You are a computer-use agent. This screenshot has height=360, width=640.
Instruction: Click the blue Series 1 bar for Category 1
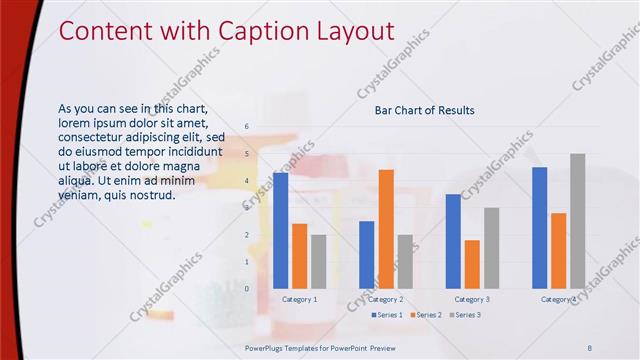(x=280, y=230)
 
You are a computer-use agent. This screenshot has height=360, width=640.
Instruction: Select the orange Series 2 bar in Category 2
(x=386, y=229)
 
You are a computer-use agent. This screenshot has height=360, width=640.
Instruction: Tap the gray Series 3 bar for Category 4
(x=577, y=221)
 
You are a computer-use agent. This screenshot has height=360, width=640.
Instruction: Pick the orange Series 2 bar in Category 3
(x=472, y=264)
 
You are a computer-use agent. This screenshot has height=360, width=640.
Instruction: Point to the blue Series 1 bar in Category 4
(x=540, y=227)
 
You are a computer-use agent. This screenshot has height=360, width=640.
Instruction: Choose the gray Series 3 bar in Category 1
(x=318, y=261)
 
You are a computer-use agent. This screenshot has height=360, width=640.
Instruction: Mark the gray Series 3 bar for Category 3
(x=491, y=248)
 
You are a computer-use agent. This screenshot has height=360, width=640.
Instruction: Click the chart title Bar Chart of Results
(x=424, y=110)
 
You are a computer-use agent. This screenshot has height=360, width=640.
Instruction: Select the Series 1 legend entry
(x=386, y=315)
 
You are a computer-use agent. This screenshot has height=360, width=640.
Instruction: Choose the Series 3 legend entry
(x=465, y=315)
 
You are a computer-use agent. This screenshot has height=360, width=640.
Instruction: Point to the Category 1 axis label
(x=300, y=299)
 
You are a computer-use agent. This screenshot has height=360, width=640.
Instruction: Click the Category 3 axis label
(x=472, y=299)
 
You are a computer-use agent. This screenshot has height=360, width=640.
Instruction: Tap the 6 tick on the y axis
(x=247, y=127)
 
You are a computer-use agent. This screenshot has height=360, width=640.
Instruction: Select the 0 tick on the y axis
(x=247, y=288)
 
